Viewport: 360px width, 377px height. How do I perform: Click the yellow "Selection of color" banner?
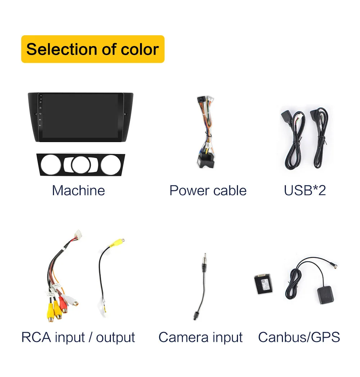click(93, 49)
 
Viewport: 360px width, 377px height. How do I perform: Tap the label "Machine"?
click(78, 190)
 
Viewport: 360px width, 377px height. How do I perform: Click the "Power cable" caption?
click(208, 190)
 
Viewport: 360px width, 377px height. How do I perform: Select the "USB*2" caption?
click(305, 190)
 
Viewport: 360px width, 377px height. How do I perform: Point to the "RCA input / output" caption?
click(78, 337)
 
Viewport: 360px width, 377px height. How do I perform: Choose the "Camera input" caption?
click(200, 337)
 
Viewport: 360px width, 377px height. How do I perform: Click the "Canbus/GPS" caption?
click(299, 337)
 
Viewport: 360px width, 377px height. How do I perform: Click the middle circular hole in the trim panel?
click(81, 165)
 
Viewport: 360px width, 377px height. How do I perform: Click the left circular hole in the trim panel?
click(51, 165)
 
